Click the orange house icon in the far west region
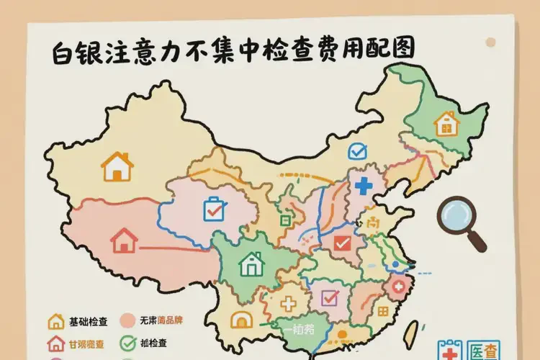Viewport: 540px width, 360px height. (117, 166)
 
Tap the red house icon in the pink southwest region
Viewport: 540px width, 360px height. (125, 240)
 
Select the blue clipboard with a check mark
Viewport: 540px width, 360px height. (214, 209)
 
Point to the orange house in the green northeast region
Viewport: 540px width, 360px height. (447, 124)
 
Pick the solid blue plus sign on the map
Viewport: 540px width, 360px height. (364, 185)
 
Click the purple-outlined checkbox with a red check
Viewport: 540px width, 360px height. (329, 297)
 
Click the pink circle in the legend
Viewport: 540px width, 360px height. (129, 321)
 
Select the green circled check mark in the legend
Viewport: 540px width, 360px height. (130, 343)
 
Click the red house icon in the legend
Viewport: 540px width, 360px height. (55, 343)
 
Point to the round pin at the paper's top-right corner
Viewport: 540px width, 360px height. (490, 42)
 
